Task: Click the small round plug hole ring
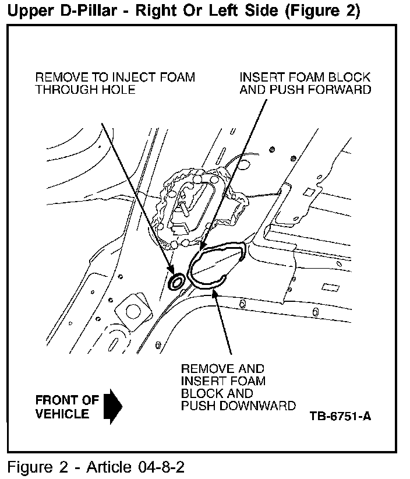176,282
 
